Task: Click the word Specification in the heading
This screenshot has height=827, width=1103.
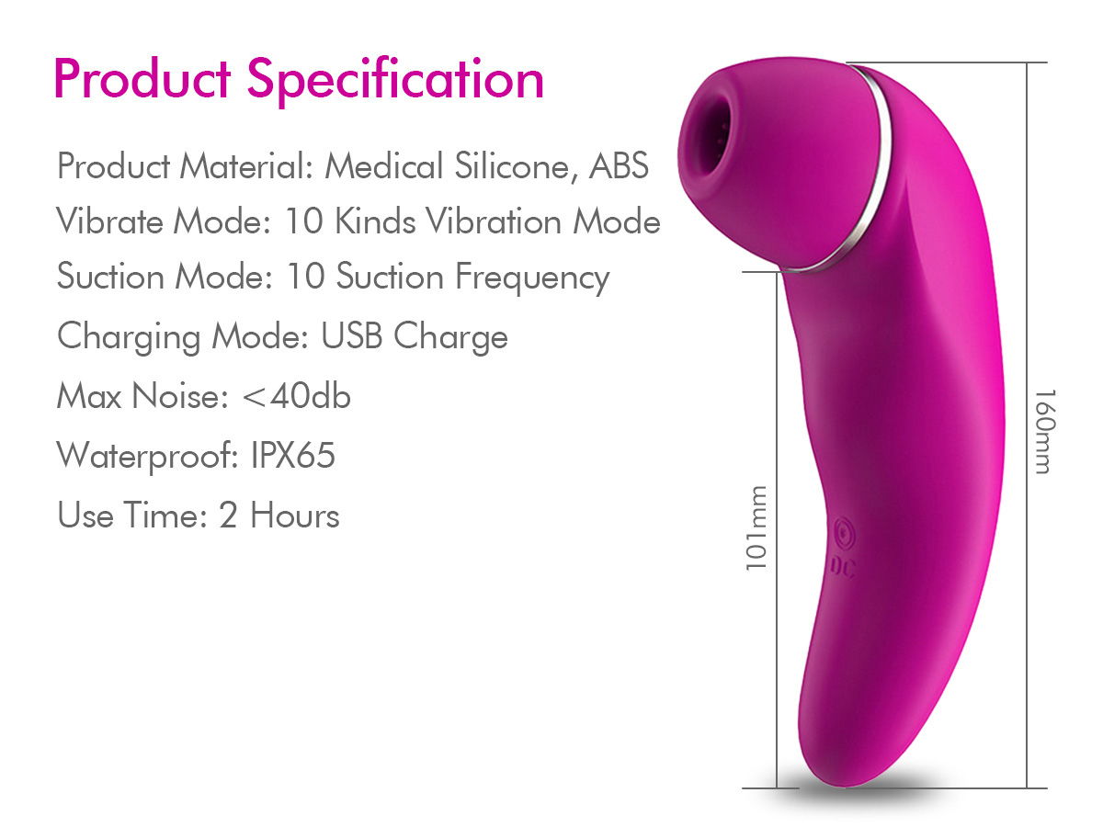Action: point(395,79)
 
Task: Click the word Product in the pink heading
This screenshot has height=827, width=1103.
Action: point(142,79)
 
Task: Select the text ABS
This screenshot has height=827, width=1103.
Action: point(619,166)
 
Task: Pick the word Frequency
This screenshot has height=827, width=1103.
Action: point(532,278)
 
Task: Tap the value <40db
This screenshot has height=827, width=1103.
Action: point(296,396)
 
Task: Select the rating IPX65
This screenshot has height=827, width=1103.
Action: point(293,456)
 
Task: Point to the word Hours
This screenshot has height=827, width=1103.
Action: point(294,515)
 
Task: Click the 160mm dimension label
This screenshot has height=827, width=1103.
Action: point(1041,430)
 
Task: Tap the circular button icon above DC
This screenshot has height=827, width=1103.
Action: point(842,535)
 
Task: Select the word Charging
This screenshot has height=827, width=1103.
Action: point(129,336)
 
